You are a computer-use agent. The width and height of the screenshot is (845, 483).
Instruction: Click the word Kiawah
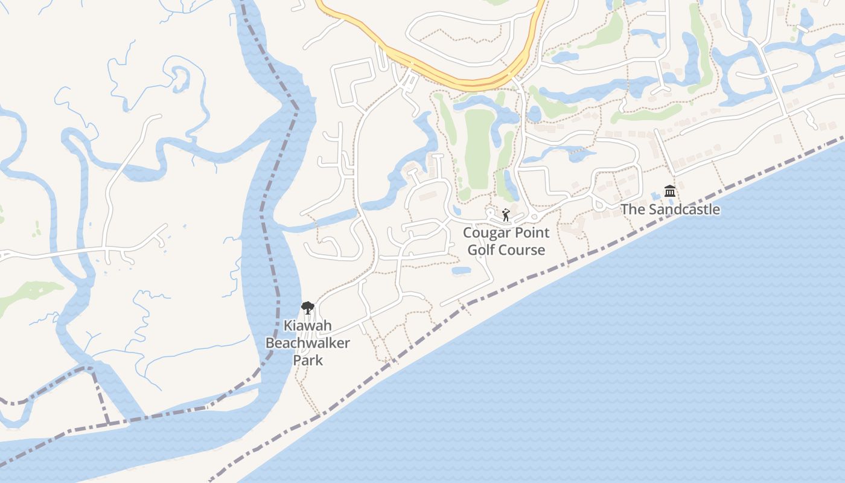click(x=308, y=326)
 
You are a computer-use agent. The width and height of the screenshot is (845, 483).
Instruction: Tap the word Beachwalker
click(x=308, y=343)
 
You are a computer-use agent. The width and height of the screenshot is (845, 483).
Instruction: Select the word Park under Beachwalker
click(x=308, y=360)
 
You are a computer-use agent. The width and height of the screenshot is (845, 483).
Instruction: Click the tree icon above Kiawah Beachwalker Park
click(x=308, y=308)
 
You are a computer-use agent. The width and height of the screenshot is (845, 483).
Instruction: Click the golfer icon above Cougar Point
click(x=506, y=214)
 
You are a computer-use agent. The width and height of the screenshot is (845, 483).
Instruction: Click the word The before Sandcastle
click(x=633, y=210)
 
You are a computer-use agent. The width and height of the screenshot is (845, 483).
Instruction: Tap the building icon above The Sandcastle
click(x=669, y=191)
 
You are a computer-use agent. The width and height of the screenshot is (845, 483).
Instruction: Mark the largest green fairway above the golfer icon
click(x=479, y=148)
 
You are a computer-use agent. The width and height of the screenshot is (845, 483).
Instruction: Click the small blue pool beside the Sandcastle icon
click(x=656, y=196)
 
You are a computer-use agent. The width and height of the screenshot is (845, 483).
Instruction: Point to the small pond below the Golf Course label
click(x=461, y=270)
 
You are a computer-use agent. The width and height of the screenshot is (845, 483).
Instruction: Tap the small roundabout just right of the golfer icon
click(x=533, y=217)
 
